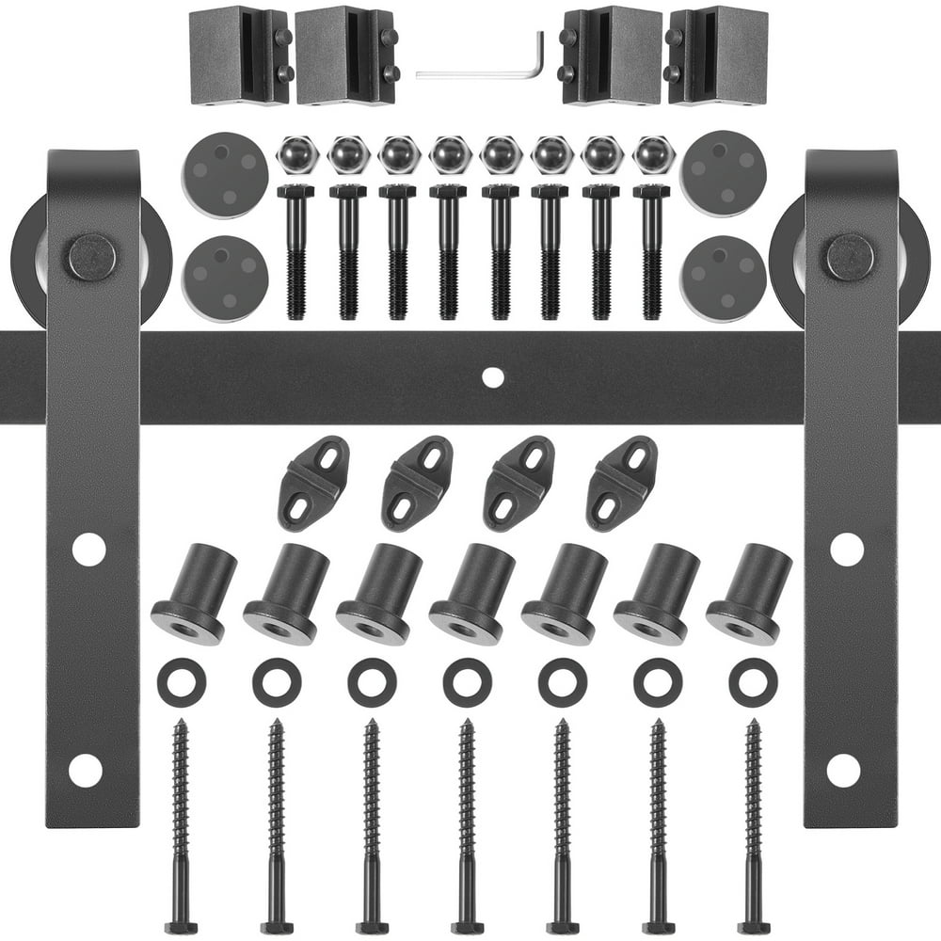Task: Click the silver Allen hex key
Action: pyautogui.click(x=480, y=72)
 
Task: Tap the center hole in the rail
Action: pyautogui.click(x=492, y=376)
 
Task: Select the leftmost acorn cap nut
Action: pyautogui.click(x=297, y=154)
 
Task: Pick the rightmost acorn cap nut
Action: pyautogui.click(x=653, y=154)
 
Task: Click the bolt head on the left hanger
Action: pyautogui.click(x=92, y=257)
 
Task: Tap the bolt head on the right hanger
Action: pyautogui.click(x=850, y=257)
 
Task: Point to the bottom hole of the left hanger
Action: pyautogui.click(x=86, y=770)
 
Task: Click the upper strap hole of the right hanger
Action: pyautogui.click(x=846, y=549)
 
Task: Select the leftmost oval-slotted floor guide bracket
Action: pyautogui.click(x=313, y=483)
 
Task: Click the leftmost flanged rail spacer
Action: pyautogui.click(x=193, y=594)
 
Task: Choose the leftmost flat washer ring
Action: pyautogui.click(x=182, y=682)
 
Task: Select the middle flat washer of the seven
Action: pyautogui.click(x=468, y=682)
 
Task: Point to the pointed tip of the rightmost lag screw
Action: pyautogui.click(x=751, y=725)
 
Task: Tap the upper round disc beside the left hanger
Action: pyautogui.click(x=225, y=174)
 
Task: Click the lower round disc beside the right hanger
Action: pyautogui.click(x=724, y=279)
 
